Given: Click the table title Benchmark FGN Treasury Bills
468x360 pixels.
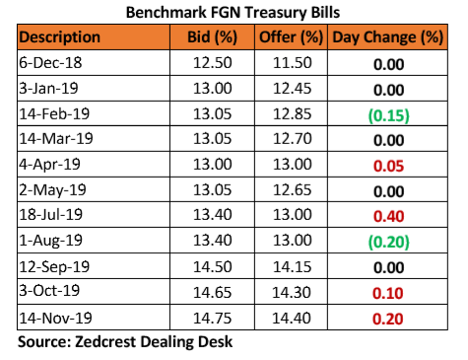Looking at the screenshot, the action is click(233, 13).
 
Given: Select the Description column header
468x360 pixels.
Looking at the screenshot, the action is click(59, 37).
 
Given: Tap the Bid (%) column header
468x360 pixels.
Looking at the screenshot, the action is click(212, 37).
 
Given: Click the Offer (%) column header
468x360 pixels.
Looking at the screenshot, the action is click(291, 37).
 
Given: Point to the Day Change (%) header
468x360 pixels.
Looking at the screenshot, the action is click(388, 37).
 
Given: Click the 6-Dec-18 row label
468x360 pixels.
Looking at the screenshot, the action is click(50, 62).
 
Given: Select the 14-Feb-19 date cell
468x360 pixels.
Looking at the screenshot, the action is click(54, 113).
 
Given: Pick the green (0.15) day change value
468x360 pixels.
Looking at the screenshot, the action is click(389, 115).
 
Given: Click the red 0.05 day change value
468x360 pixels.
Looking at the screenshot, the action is click(388, 166).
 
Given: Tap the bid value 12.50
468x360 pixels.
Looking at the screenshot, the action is click(213, 63).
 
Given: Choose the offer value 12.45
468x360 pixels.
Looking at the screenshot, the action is click(293, 89).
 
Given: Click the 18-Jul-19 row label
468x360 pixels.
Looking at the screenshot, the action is click(50, 215).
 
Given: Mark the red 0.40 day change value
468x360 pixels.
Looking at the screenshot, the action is click(388, 216).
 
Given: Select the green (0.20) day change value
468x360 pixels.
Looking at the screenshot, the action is click(389, 242).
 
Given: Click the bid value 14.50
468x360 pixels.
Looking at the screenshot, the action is click(213, 266).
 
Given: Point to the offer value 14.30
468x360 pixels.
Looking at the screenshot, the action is click(292, 292).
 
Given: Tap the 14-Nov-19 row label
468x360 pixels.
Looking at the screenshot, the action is click(55, 318).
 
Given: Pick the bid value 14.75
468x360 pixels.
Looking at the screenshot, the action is click(213, 319).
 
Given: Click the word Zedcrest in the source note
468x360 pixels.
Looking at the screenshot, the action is click(105, 341).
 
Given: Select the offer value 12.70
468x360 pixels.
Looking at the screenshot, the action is click(293, 138).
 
